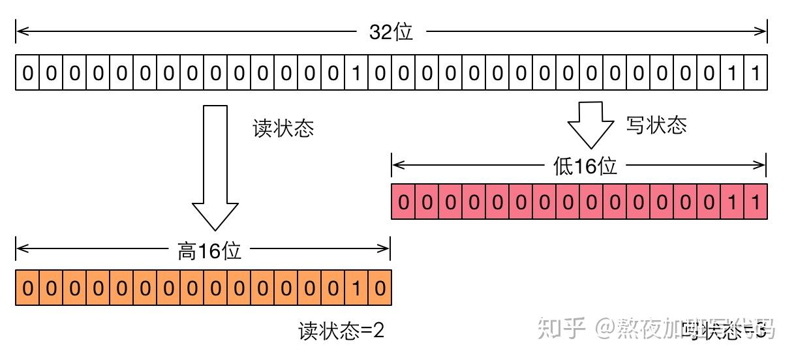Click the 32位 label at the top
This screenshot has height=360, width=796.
click(391, 32)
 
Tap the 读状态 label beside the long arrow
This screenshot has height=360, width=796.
click(283, 128)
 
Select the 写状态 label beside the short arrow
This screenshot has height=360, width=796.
click(656, 125)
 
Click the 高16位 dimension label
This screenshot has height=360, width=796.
click(209, 250)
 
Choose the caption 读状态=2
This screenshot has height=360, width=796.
click(341, 331)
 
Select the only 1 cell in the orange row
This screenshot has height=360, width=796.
click(356, 288)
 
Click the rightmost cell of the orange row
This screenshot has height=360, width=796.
click(379, 288)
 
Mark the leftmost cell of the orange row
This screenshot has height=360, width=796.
click(27, 288)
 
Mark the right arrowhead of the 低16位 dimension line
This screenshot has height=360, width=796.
click(762, 165)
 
